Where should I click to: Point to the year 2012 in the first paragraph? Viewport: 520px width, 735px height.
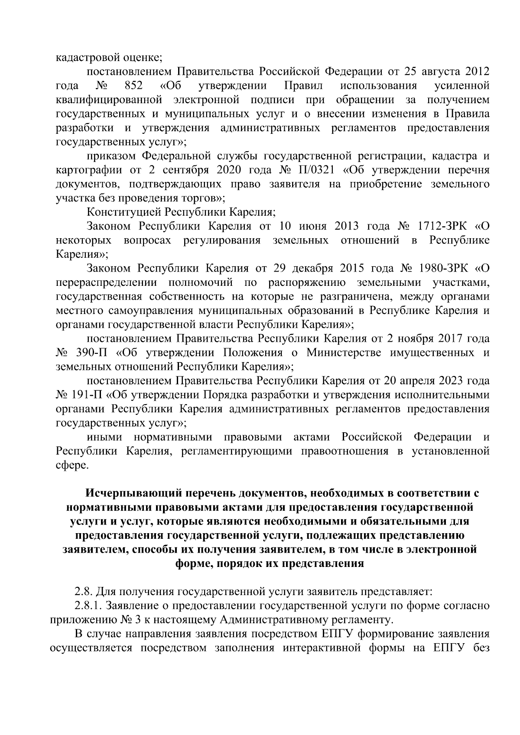[478, 71]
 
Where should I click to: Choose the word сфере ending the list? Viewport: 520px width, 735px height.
[72, 465]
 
